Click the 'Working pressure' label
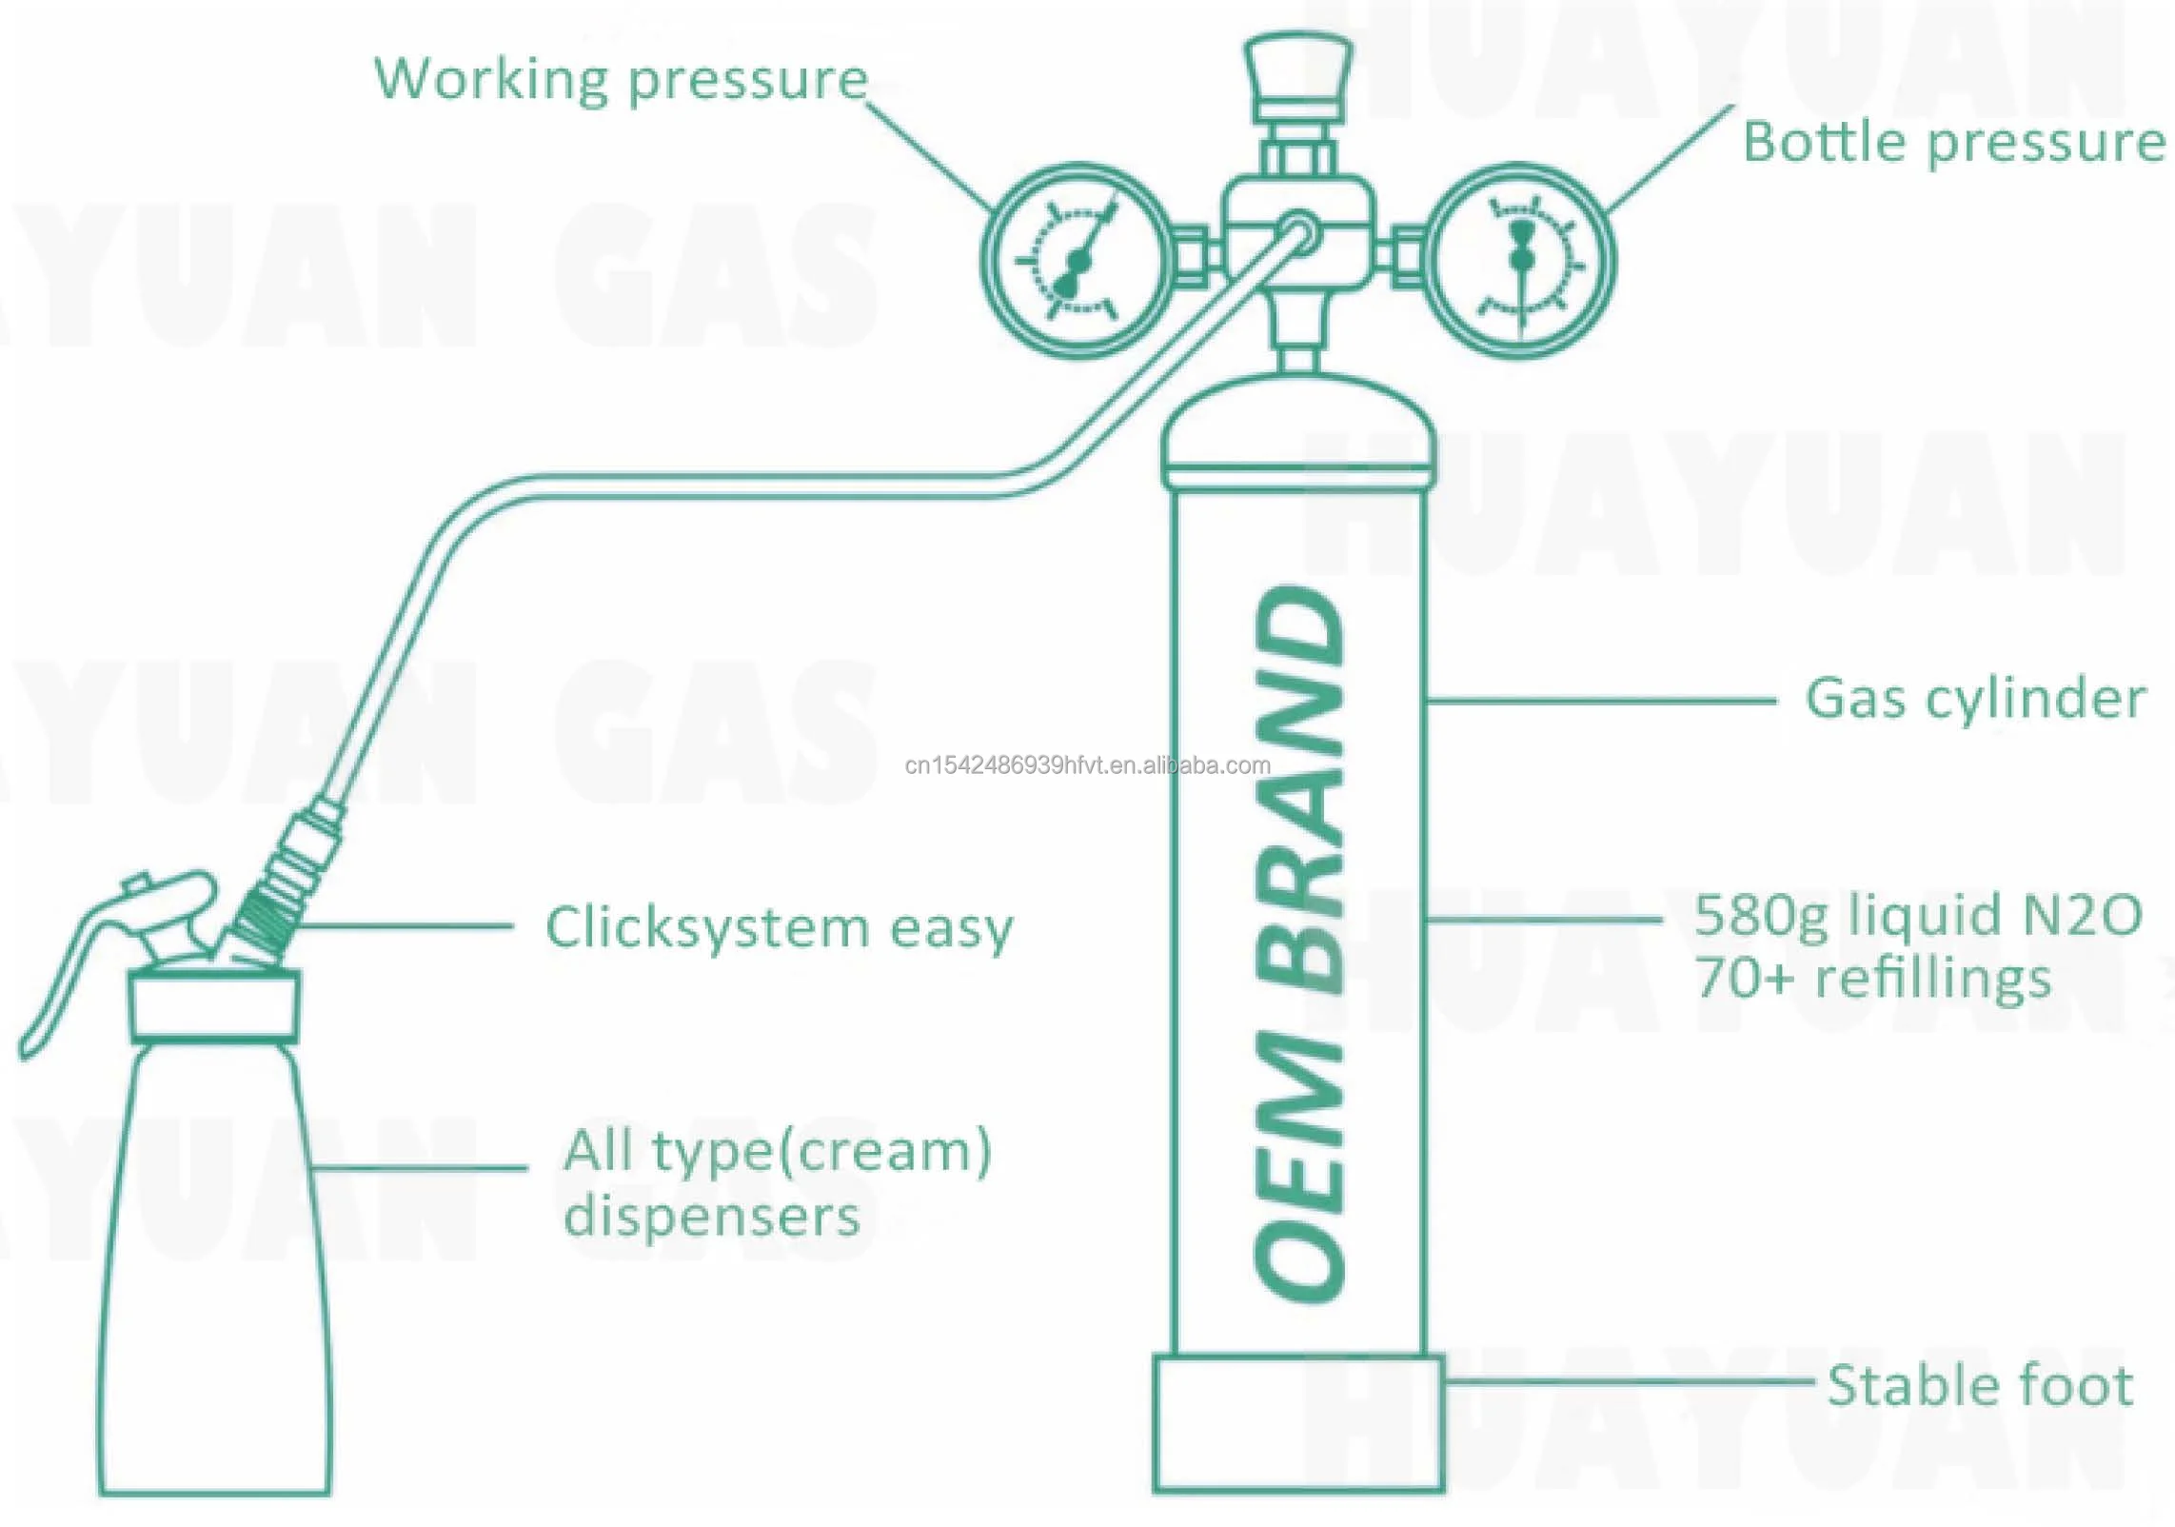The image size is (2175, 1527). [x=621, y=80]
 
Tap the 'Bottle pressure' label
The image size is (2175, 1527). [x=1953, y=144]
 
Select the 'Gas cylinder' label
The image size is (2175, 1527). [x=1975, y=699]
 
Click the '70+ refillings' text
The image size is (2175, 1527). [x=1872, y=979]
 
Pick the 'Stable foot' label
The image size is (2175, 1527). [x=1980, y=1385]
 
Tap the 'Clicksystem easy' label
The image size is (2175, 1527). [x=779, y=928]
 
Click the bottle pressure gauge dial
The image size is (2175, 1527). [x=1522, y=259]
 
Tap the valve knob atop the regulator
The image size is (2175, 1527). [x=1298, y=71]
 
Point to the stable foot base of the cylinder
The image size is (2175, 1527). [x=1298, y=1424]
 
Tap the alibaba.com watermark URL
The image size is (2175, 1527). [x=1087, y=765]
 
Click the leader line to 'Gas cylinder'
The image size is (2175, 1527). [x=1599, y=701]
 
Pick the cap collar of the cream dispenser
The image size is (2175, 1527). [x=215, y=1005]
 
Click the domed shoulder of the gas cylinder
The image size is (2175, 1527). [x=1298, y=424]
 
